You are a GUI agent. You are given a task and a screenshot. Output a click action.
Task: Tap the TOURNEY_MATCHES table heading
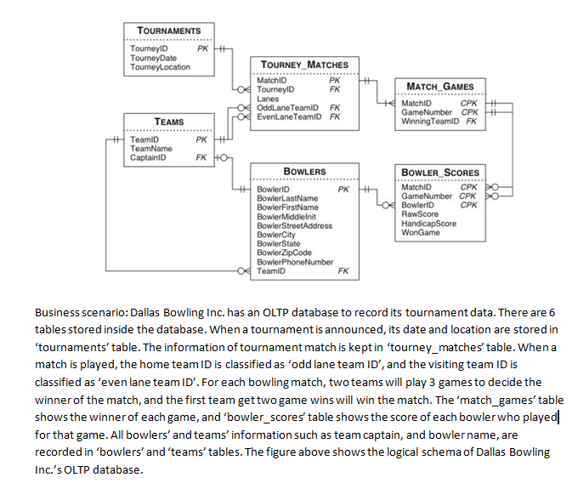[x=303, y=65]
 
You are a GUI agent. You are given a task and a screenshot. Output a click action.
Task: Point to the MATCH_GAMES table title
[x=441, y=87]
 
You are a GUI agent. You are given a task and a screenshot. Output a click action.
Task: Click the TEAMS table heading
[x=168, y=122]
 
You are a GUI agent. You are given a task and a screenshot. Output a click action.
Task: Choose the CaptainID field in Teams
[x=148, y=157]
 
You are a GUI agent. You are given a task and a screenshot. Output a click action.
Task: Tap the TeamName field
[x=150, y=149]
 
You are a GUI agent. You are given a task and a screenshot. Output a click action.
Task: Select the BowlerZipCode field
[x=284, y=253]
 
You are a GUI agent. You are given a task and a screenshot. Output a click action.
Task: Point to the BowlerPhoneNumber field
[x=294, y=262]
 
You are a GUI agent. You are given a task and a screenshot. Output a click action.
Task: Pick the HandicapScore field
[x=428, y=224]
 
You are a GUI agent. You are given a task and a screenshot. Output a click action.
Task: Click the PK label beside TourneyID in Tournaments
[x=202, y=48]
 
